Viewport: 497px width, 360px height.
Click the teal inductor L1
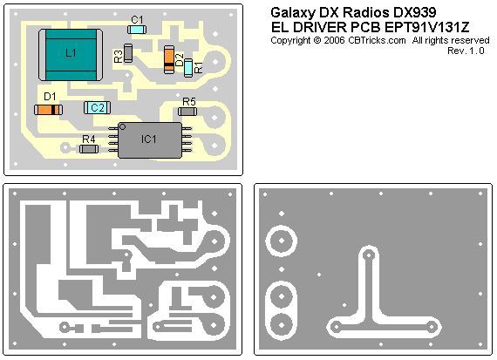pyautogui.click(x=71, y=55)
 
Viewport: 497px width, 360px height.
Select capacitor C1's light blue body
pyautogui.click(x=137, y=30)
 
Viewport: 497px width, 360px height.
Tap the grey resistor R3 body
pyautogui.click(x=128, y=53)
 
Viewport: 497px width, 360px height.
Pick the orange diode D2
pyautogui.click(x=169, y=59)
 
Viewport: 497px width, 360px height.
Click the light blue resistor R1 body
pyautogui.click(x=188, y=67)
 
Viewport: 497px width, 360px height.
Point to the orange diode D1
pyautogui.click(x=48, y=110)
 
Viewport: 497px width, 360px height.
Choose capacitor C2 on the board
pyautogui.click(x=98, y=108)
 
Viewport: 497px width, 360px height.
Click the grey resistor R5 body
pyautogui.click(x=187, y=112)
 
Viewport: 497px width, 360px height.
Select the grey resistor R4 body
pyautogui.click(x=89, y=149)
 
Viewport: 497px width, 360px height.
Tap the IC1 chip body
pyautogui.click(x=150, y=140)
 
